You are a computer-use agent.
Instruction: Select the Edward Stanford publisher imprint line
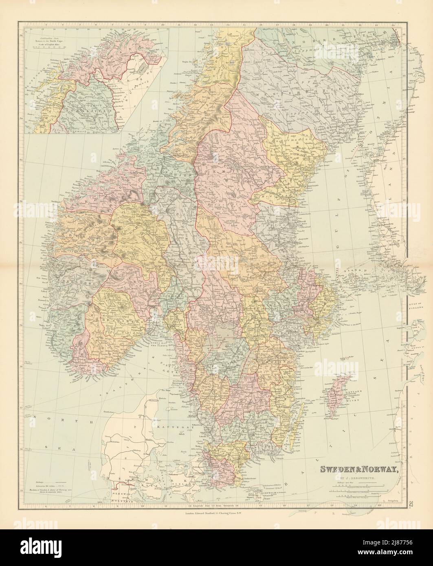[216, 513]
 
